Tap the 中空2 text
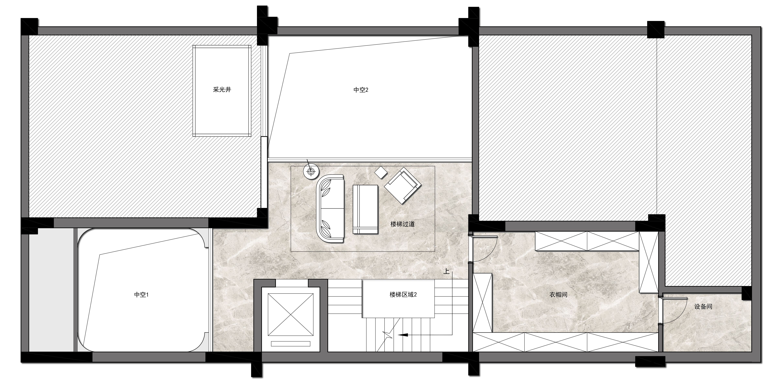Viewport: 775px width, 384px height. (x=361, y=90)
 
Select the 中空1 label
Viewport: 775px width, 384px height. (x=141, y=294)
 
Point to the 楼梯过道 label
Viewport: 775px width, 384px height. (x=403, y=224)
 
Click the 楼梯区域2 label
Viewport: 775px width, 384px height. (x=403, y=294)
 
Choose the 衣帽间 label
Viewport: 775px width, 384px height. (x=558, y=294)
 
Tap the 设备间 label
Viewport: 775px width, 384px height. (x=703, y=307)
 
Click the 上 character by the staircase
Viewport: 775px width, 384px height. (x=446, y=271)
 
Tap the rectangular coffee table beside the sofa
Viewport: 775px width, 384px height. (x=365, y=209)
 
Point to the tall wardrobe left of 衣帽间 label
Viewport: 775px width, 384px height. (x=482, y=303)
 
